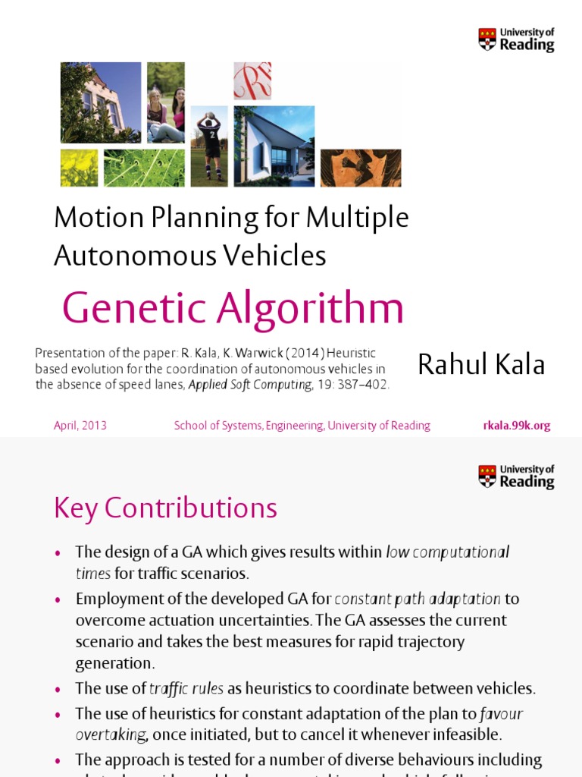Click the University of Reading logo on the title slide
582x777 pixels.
coord(516,39)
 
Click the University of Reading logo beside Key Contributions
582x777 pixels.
coord(516,477)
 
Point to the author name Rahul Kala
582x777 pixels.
coord(481,364)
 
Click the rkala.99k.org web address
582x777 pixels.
coord(517,426)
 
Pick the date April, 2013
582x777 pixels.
coord(80,426)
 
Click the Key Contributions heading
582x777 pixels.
coord(165,508)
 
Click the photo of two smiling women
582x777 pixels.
coord(166,102)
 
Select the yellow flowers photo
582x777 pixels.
coord(80,168)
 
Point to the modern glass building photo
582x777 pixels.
coord(274,146)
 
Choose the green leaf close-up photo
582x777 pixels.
coord(144,168)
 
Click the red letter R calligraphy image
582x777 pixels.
coord(252,81)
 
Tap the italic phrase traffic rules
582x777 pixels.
coord(186,689)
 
